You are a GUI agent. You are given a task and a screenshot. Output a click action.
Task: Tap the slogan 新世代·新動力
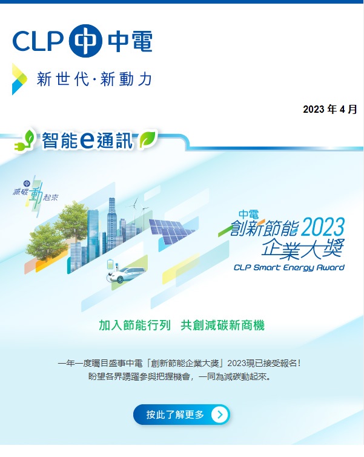click(94, 79)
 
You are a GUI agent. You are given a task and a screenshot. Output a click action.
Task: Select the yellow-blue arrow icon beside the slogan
click(19, 79)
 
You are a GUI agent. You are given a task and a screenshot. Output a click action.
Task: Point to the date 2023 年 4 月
click(330, 110)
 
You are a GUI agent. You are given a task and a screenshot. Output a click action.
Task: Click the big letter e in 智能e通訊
click(86, 140)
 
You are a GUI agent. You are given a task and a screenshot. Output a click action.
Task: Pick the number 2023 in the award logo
click(322, 228)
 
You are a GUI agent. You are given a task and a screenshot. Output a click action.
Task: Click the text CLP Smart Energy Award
click(289, 267)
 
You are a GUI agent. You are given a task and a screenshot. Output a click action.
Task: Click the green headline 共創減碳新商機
click(223, 325)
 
